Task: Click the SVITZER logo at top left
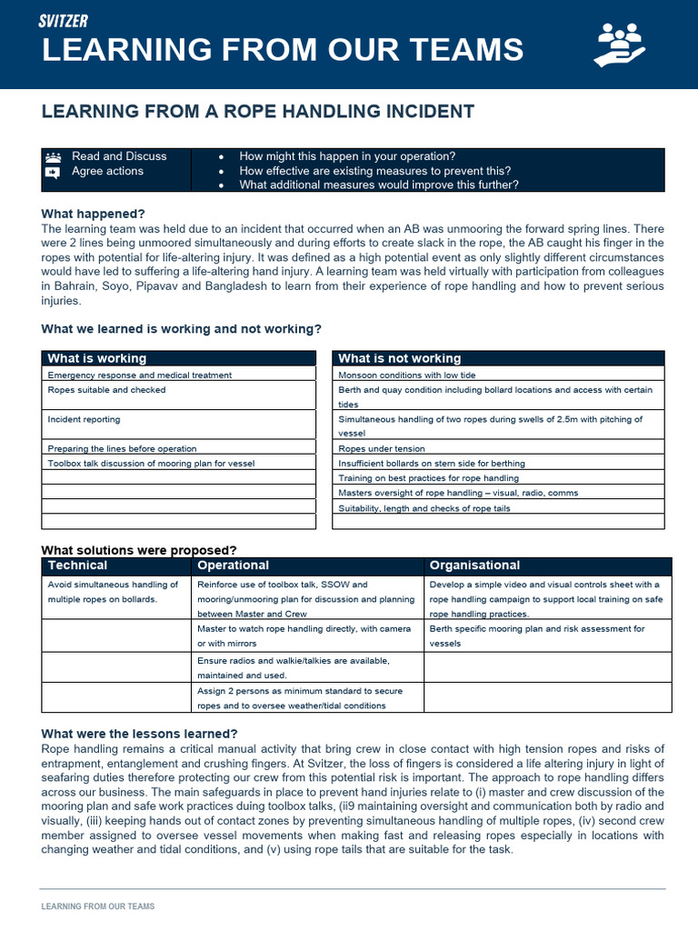tap(64, 21)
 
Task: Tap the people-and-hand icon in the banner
tap(619, 45)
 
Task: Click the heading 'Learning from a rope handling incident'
tap(258, 112)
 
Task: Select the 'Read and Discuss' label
tap(119, 156)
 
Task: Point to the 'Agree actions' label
tap(107, 171)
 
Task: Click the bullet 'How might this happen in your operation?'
tap(347, 156)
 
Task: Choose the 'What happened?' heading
tap(94, 214)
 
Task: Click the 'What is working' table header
tap(96, 358)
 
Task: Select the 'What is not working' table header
tap(399, 358)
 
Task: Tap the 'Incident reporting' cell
tap(84, 420)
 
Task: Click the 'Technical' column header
tap(77, 566)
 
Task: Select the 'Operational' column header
tap(233, 566)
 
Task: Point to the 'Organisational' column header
tap(474, 566)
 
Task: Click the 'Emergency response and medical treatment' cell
tap(139, 375)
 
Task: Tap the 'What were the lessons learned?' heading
tap(140, 734)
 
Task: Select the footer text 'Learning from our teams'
tap(98, 906)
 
